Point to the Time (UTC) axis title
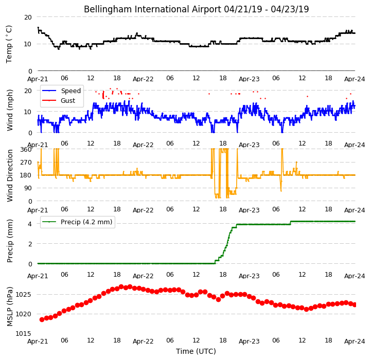(196, 351)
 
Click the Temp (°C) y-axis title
(9, 44)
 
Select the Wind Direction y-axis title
(10, 175)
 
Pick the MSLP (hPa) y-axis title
(10, 307)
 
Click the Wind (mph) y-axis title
(10, 110)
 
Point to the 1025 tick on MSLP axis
(24, 295)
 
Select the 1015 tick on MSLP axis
(24, 333)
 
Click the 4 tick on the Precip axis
(30, 224)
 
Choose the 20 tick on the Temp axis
(28, 17)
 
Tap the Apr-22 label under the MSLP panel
(143, 341)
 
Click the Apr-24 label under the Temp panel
(355, 79)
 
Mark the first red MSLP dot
(42, 319)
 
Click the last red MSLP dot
(355, 305)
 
